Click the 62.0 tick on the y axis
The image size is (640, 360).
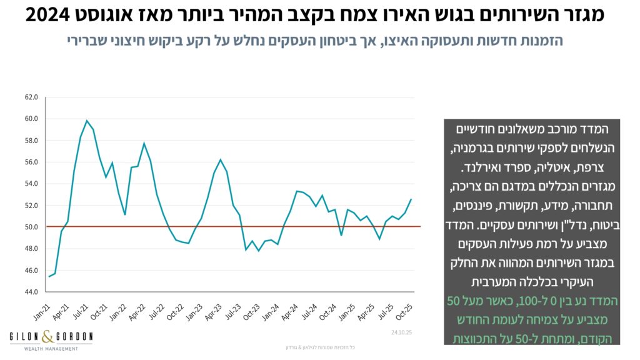point(31,97)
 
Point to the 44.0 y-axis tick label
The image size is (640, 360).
point(31,292)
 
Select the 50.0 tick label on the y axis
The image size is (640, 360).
point(31,227)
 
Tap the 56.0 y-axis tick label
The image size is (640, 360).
point(31,162)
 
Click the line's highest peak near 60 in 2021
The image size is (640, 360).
point(87,121)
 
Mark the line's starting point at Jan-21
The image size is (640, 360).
point(49,276)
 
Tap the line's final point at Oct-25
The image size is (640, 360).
point(411,199)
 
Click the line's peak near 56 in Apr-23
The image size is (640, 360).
point(221,159)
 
